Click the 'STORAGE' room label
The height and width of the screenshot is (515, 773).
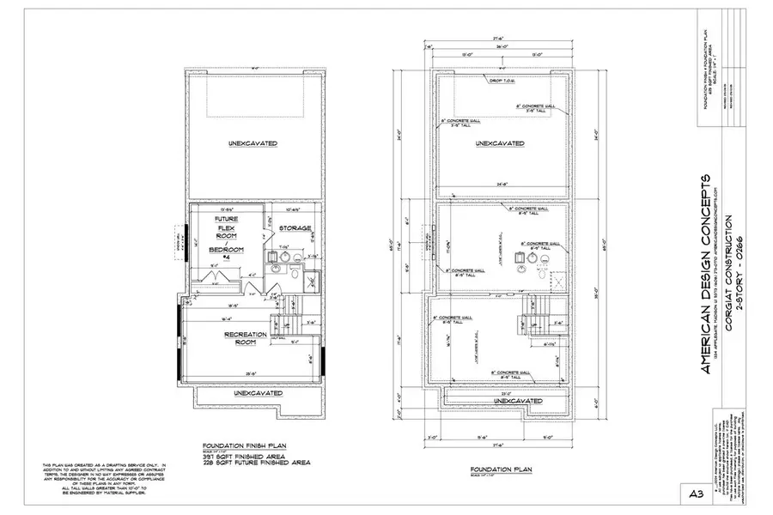coord(295,228)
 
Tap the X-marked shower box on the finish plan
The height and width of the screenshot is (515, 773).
coord(313,279)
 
